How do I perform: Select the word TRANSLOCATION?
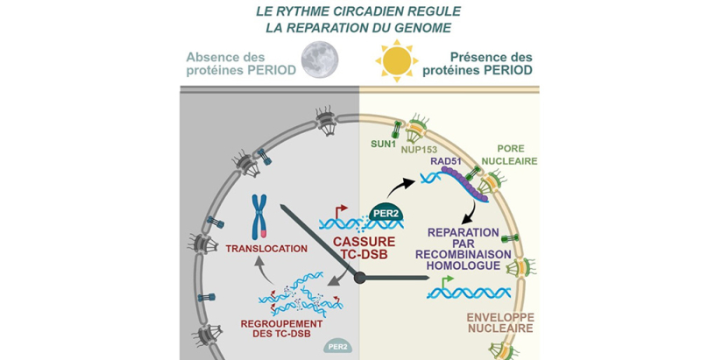pyautogui.click(x=266, y=249)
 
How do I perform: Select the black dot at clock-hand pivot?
pyautogui.click(x=359, y=278)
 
